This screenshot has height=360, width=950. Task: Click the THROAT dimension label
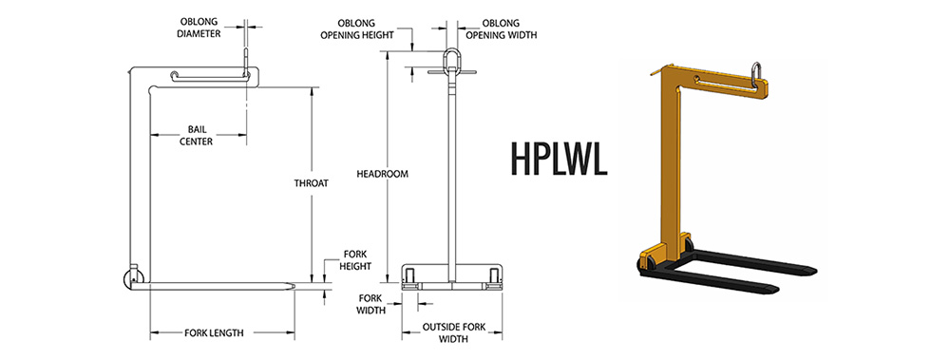tap(312, 183)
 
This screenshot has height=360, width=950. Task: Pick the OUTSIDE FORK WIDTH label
tap(453, 333)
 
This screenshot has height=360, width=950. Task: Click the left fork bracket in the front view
tap(411, 277)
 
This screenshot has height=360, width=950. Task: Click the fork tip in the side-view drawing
tap(295, 284)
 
